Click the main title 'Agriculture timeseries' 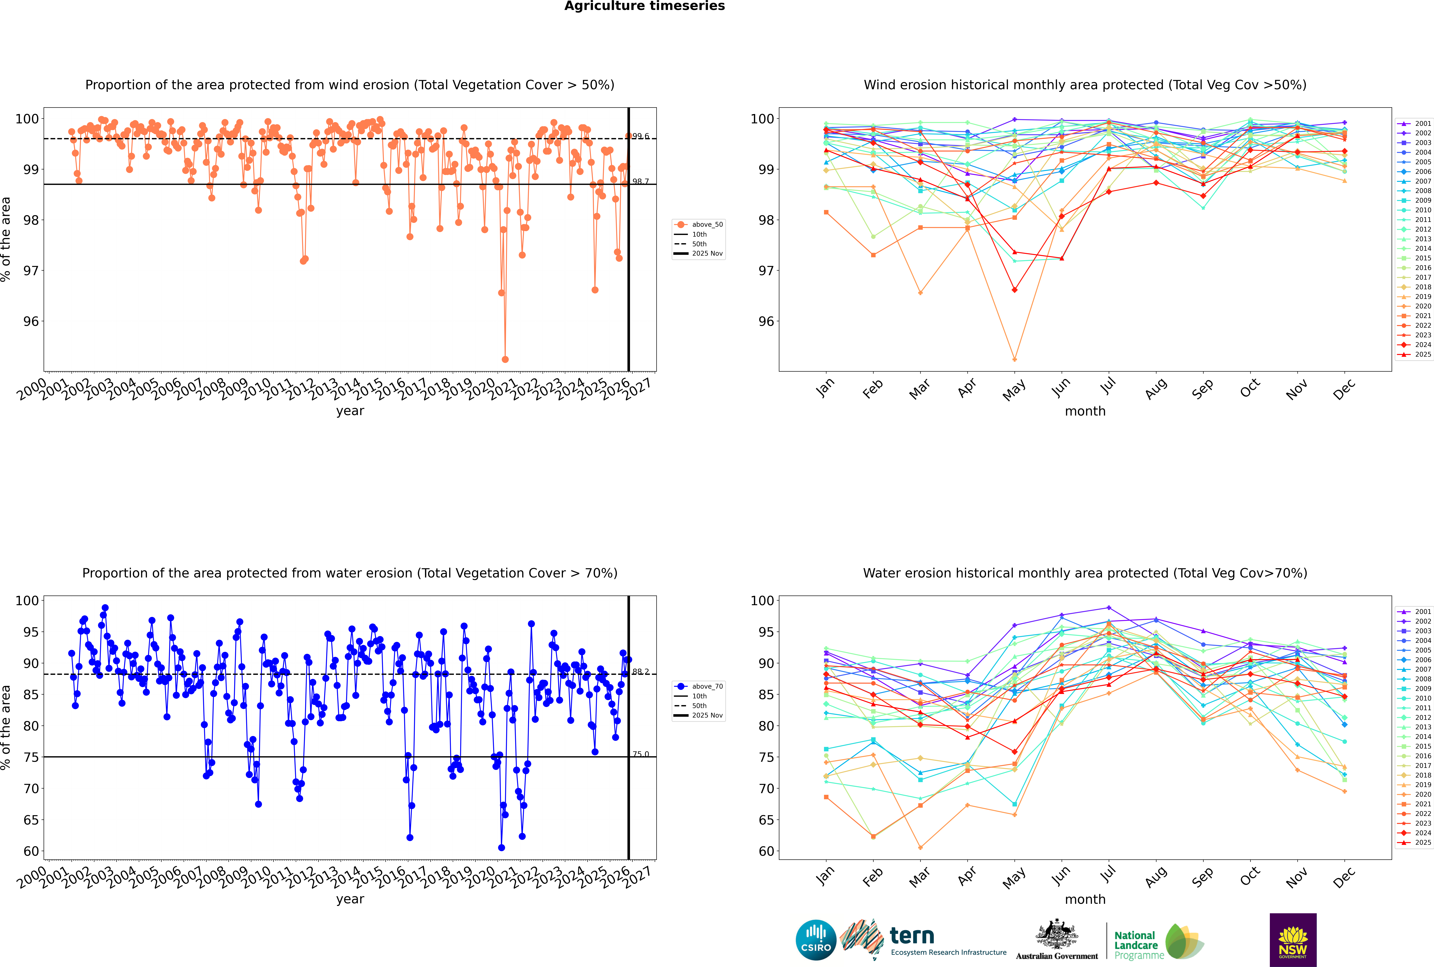644,6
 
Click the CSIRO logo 816,940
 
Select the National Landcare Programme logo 1158,942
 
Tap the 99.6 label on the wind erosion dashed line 641,136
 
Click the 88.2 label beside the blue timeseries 641,672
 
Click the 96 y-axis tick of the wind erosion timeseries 31,321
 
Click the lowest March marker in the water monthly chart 920,847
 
